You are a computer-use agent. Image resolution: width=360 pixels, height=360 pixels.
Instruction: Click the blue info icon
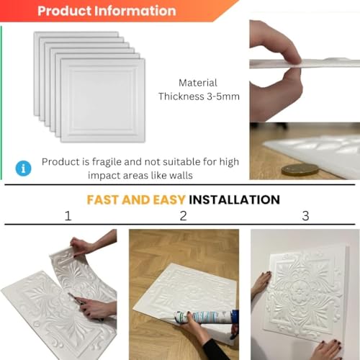point(23,168)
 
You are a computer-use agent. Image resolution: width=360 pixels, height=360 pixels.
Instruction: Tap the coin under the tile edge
point(300,169)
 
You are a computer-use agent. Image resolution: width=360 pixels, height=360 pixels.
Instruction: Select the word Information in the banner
point(135,11)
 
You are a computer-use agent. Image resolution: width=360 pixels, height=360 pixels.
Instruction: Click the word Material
point(198,83)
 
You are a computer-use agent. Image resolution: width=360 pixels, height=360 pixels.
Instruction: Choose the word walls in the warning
point(181,176)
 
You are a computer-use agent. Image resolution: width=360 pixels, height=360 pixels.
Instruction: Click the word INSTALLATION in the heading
point(234,199)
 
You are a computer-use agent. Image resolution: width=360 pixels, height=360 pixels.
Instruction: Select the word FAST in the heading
point(103,199)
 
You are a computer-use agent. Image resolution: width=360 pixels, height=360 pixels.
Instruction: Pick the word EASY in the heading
point(169,199)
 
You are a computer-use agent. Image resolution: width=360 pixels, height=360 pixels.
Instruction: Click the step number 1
point(68,216)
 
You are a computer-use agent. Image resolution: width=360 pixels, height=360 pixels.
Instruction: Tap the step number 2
point(184,216)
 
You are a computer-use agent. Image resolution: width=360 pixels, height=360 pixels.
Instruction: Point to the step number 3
point(305,216)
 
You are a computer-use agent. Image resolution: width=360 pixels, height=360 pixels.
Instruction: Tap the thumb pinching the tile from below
point(276,94)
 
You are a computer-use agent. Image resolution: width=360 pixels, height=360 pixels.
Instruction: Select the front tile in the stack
point(103,100)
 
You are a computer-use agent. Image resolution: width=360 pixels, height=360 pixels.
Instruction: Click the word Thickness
point(181,96)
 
